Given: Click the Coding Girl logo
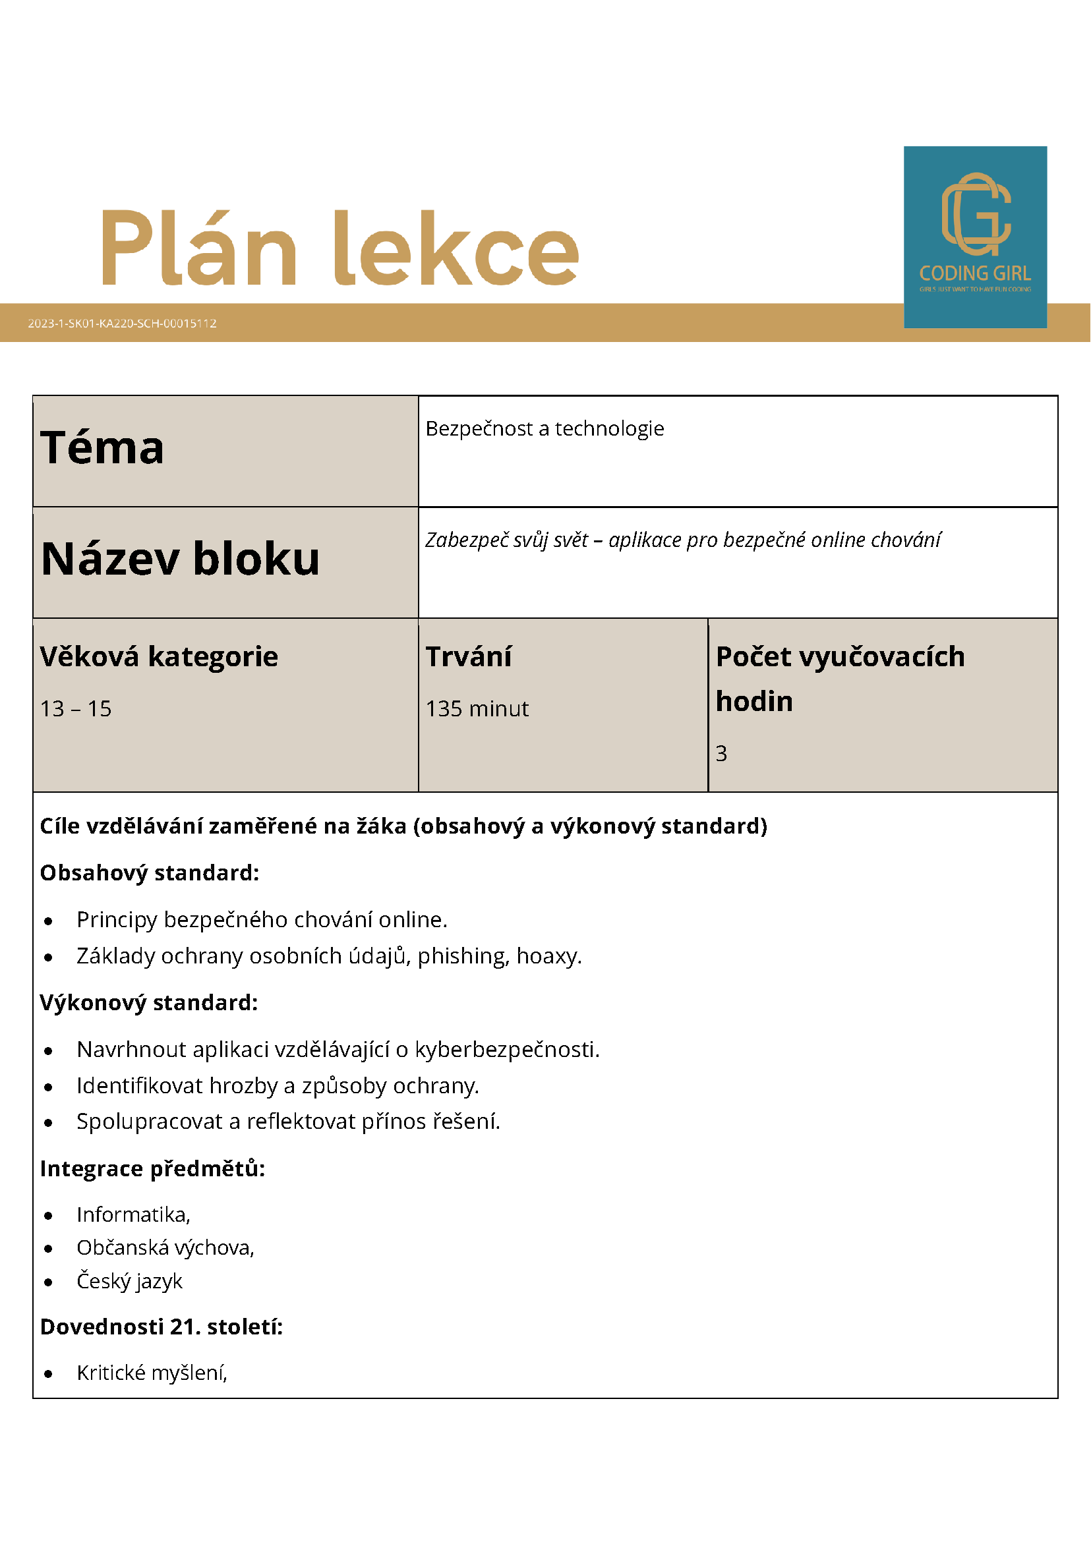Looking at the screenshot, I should (975, 237).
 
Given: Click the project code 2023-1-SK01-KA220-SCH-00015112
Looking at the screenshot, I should (122, 323).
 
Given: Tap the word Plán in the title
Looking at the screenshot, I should (199, 248).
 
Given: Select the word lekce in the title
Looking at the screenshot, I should (457, 248).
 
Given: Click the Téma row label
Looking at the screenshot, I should (102, 448).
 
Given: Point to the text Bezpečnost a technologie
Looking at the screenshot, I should (544, 428).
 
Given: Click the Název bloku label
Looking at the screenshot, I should (180, 559).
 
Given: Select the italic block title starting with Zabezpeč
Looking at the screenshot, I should (682, 540).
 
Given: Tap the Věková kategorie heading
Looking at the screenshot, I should (159, 656).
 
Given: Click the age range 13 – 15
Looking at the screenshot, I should (76, 708).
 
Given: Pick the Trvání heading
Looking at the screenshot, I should (468, 656).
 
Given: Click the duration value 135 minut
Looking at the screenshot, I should (477, 708).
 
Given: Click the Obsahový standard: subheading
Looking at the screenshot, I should (149, 872).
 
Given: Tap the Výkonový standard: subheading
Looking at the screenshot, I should (148, 1002).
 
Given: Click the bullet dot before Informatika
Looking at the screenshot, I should (48, 1216).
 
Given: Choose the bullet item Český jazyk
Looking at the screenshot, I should (130, 1281).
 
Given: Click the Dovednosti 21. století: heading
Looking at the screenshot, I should (162, 1327).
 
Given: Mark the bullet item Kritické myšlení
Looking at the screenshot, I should (152, 1373).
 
